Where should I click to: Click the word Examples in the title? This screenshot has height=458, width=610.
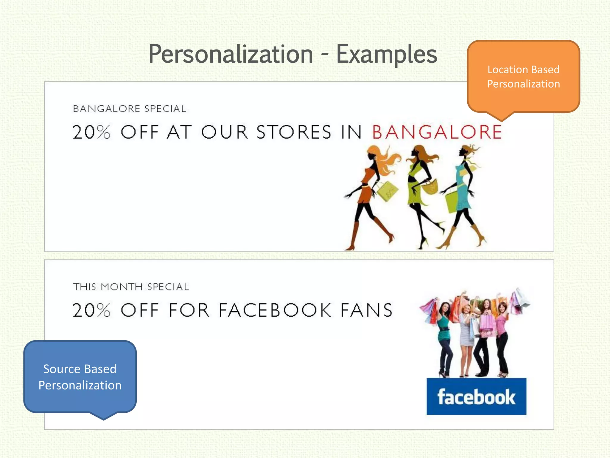tap(386, 54)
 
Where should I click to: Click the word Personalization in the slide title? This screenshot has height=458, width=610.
tap(231, 54)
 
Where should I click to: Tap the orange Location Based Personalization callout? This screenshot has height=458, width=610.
tap(523, 77)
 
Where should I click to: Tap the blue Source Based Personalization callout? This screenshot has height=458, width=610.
tap(80, 377)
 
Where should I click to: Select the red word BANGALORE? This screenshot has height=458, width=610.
tap(437, 132)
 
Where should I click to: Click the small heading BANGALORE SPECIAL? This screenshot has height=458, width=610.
tap(130, 109)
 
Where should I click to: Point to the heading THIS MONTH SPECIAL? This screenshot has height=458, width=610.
tap(131, 287)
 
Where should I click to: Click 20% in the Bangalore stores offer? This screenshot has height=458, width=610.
tap(91, 132)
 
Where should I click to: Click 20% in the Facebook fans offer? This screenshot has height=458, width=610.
tap(91, 310)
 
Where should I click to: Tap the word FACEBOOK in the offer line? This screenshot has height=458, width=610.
tap(275, 310)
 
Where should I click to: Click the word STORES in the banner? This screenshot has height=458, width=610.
tap(294, 132)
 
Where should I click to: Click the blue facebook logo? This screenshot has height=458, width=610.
tap(476, 396)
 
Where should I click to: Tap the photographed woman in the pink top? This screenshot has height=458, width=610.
tap(502, 334)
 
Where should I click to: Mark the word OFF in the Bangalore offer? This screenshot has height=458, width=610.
tap(139, 132)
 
